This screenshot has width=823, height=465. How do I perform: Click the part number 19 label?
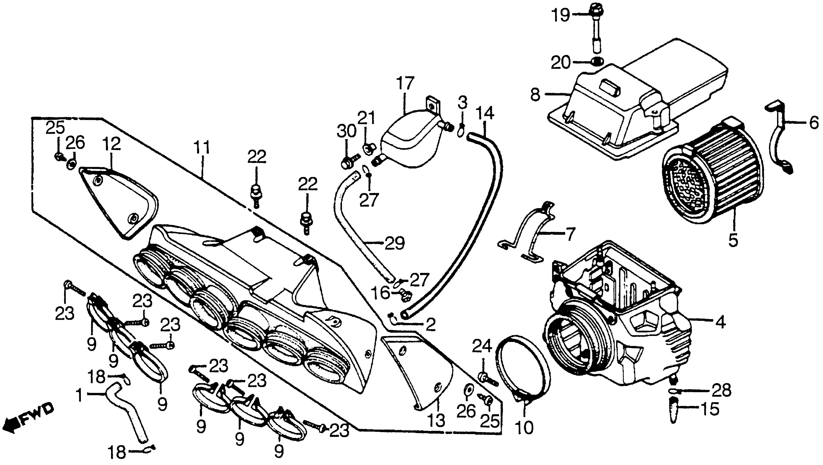pyautogui.click(x=561, y=15)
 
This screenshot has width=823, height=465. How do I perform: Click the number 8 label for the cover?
pyautogui.click(x=535, y=95)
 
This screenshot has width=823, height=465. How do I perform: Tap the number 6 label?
pyautogui.click(x=814, y=122)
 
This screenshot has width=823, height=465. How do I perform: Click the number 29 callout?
pyautogui.click(x=395, y=243)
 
